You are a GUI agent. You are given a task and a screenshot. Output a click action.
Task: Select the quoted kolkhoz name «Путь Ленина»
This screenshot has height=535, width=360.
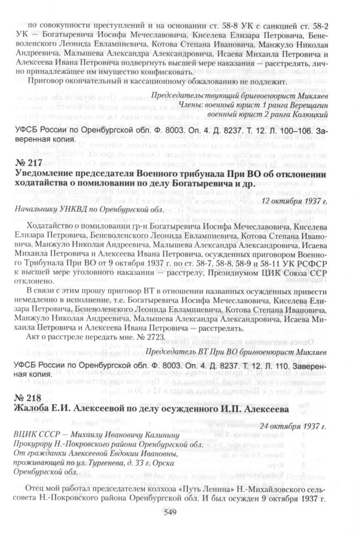pos(177,490)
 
